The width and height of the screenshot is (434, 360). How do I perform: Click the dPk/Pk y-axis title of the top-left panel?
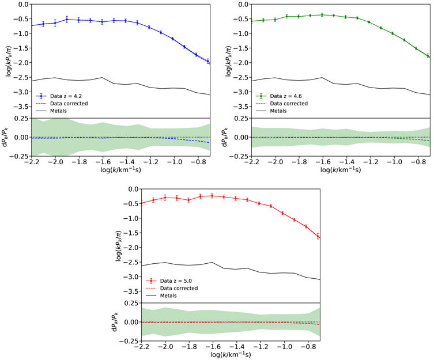click(x=6, y=137)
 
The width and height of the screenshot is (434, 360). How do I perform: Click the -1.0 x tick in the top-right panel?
click(x=394, y=163)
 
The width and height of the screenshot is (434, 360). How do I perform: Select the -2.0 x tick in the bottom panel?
click(x=165, y=348)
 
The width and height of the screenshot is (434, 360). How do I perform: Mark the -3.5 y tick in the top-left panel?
click(x=20, y=107)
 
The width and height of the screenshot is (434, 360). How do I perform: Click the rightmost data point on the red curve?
click(x=319, y=236)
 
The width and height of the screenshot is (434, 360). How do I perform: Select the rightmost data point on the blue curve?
click(x=208, y=62)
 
